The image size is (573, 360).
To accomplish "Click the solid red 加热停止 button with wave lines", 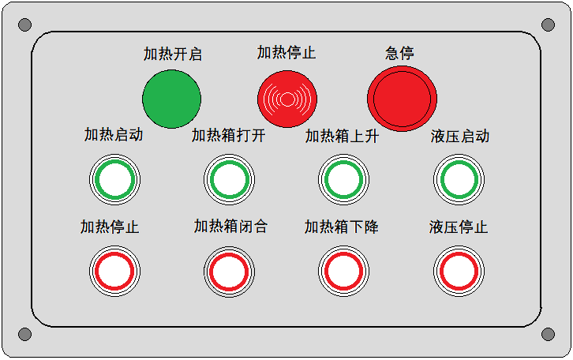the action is (287, 99).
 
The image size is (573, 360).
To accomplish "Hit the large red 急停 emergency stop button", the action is (402, 99).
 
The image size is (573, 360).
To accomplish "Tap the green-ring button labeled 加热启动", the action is (114, 179).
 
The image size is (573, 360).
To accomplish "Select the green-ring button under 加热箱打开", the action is (229, 179).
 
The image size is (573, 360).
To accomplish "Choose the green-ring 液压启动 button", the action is (459, 179).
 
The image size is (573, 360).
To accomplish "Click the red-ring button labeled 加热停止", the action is (114, 272).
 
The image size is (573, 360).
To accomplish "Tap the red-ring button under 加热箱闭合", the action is (229, 272).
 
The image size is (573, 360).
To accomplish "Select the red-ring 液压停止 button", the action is (459, 272).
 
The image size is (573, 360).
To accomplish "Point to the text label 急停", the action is (399, 54).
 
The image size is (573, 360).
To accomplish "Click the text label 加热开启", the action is (173, 54).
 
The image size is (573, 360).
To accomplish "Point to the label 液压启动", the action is (459, 137).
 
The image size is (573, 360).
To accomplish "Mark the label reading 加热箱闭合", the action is (230, 227).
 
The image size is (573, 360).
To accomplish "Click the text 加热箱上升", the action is (342, 137).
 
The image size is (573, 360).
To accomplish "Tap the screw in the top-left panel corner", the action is (24, 24).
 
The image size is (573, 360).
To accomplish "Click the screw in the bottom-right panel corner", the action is (549, 334).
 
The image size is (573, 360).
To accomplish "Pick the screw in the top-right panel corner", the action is (549, 24).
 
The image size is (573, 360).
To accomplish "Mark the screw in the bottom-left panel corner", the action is (24, 334).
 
